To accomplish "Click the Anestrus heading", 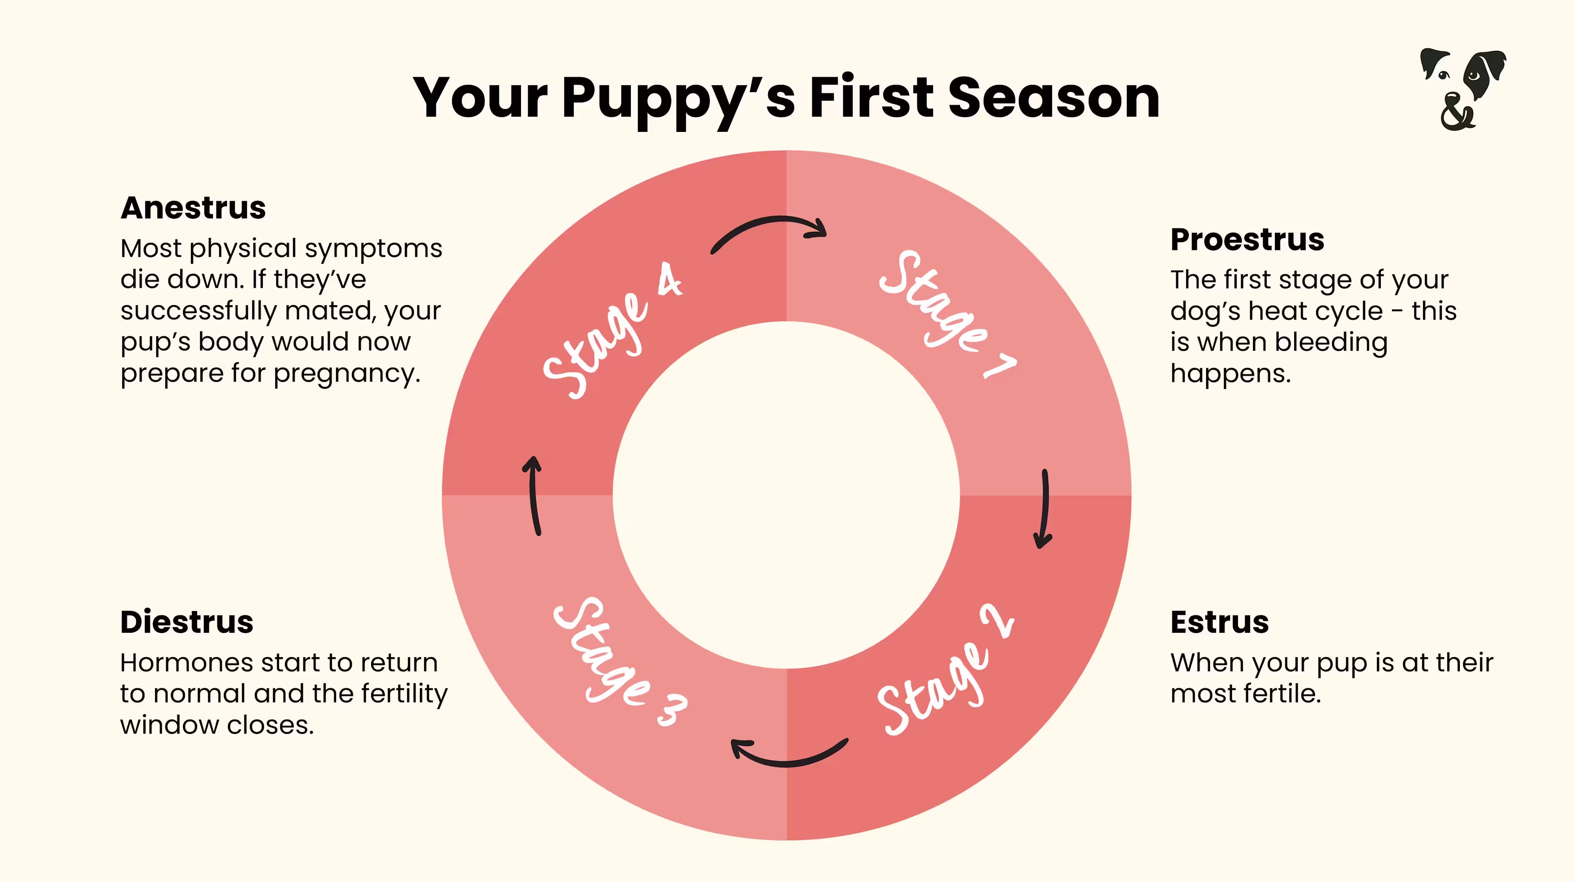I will pyautogui.click(x=193, y=208).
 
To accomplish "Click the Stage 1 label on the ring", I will pyautogui.click(x=946, y=313).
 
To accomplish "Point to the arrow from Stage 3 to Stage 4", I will pyautogui.click(x=534, y=495).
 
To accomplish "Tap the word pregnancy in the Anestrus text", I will pyautogui.click(x=346, y=373).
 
